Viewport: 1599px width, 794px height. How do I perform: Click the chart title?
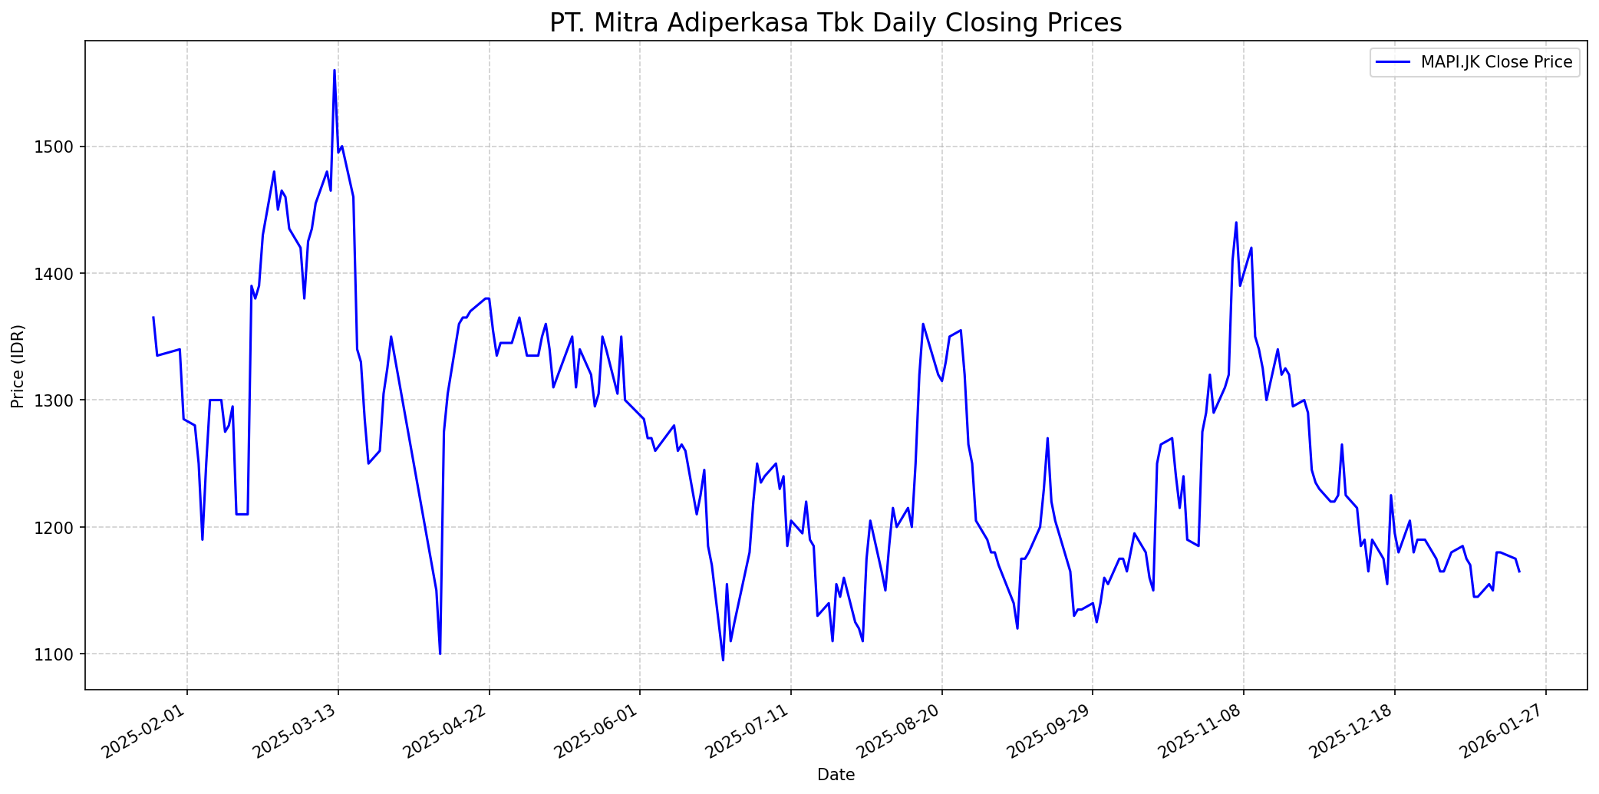point(836,23)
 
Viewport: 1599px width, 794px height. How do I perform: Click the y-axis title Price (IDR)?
point(18,366)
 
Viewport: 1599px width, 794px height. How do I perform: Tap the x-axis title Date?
point(836,775)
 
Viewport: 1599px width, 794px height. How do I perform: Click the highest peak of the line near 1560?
point(335,71)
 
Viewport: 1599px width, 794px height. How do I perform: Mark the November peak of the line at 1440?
point(1236,222)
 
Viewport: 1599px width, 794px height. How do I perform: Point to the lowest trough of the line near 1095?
point(723,660)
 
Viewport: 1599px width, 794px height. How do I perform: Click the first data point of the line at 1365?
point(153,318)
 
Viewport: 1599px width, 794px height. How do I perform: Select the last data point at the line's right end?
point(1519,572)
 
